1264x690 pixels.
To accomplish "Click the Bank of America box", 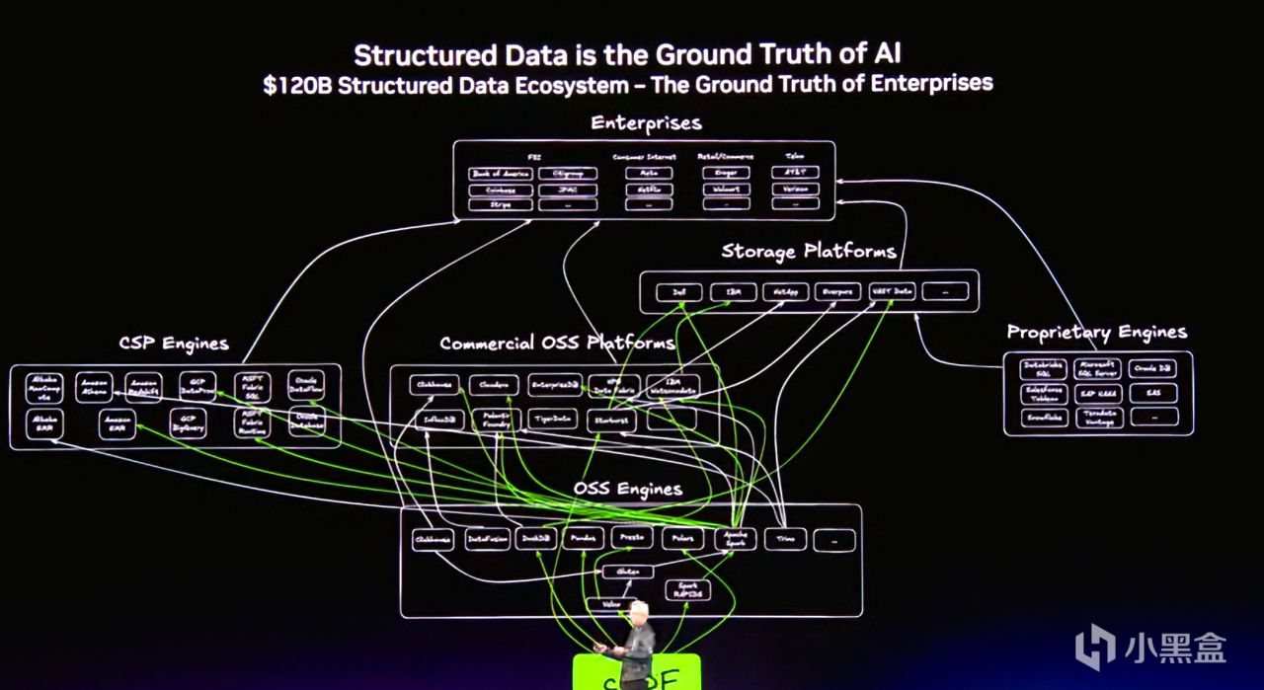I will pyautogui.click(x=501, y=174).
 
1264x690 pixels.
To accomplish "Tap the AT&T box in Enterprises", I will pyautogui.click(x=795, y=173).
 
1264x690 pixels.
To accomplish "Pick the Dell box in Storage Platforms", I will pyautogui.click(x=678, y=292).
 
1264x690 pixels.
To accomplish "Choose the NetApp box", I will pyautogui.click(x=785, y=292).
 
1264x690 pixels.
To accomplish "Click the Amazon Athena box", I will pyautogui.click(x=96, y=386).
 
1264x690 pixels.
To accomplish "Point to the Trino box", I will pyautogui.click(x=786, y=539).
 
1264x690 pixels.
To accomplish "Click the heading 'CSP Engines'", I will pyautogui.click(x=173, y=344).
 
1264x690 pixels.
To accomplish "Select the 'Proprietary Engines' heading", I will pyautogui.click(x=1096, y=332).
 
